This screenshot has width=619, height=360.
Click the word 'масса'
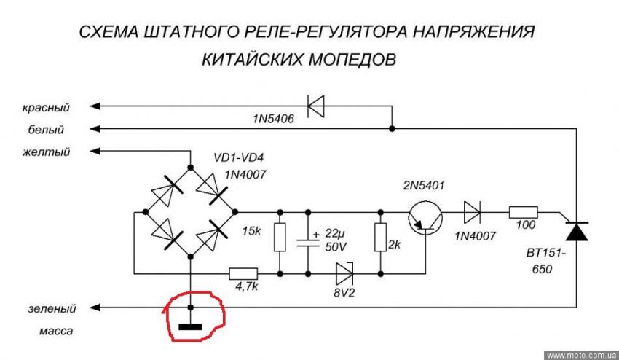[55, 332]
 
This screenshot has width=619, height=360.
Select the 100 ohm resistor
[522, 212]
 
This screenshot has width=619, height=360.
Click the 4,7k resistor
[243, 274]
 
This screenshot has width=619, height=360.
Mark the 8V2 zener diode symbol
[344, 273]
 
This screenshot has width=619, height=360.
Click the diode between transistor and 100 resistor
[472, 212]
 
